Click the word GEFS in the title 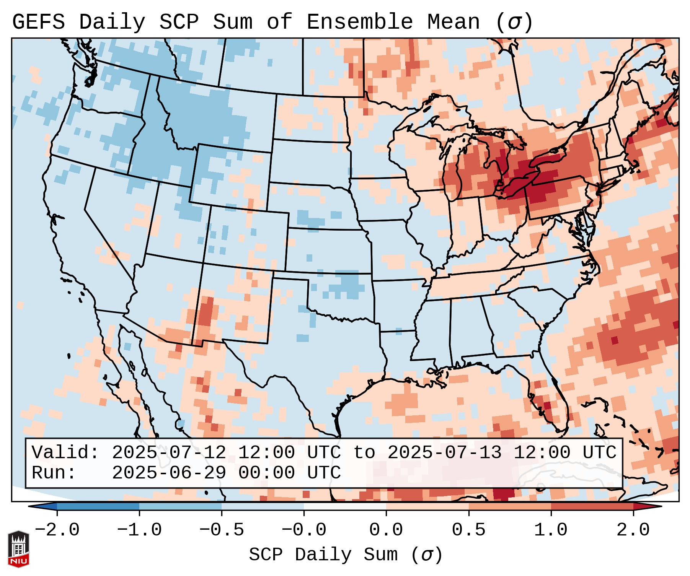38,22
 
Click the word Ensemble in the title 359,22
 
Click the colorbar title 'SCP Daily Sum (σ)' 346,555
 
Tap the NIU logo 18,549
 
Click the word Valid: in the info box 65,453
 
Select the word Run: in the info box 54,473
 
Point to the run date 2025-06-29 169,473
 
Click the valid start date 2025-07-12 169,453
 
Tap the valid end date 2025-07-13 444,453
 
